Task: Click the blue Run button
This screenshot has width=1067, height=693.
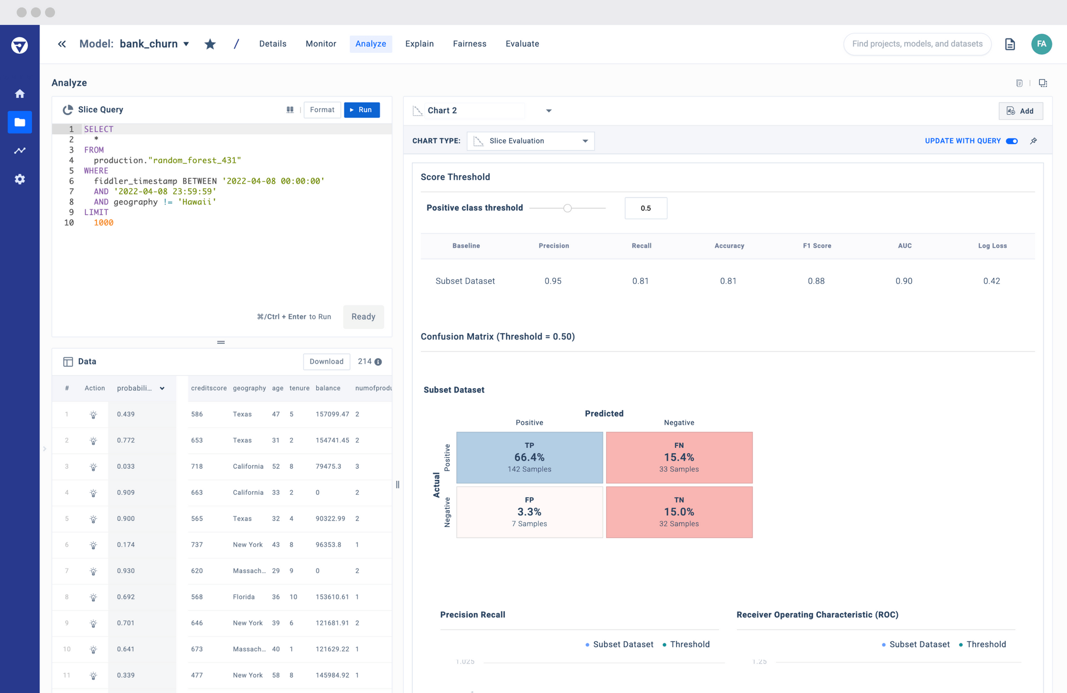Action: (x=362, y=110)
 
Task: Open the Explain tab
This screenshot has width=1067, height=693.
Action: (x=419, y=44)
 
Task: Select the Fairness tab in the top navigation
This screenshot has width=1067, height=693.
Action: (x=469, y=44)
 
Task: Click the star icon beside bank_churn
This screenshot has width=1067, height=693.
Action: (x=210, y=44)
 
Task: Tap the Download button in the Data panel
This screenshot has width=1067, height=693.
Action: (x=327, y=361)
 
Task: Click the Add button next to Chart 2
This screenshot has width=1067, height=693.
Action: (x=1020, y=111)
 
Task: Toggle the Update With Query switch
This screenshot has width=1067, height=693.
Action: (x=1012, y=141)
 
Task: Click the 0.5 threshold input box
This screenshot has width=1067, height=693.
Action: (x=646, y=208)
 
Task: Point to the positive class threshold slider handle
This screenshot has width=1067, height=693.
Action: (x=568, y=208)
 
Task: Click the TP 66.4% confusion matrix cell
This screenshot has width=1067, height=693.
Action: (x=529, y=458)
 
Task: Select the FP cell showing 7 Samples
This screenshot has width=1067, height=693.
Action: (x=529, y=512)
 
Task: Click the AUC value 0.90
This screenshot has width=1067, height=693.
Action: (x=904, y=281)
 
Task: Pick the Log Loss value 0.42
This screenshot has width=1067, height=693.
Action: (x=991, y=281)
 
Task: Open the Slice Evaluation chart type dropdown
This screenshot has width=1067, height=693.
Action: (x=530, y=141)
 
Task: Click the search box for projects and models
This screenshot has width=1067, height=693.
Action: (x=917, y=44)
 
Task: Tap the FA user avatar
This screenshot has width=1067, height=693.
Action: (x=1041, y=44)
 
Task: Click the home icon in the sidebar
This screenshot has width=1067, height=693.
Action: (x=20, y=94)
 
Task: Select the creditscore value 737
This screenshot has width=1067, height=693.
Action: (x=197, y=545)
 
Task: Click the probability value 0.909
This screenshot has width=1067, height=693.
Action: (x=126, y=492)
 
